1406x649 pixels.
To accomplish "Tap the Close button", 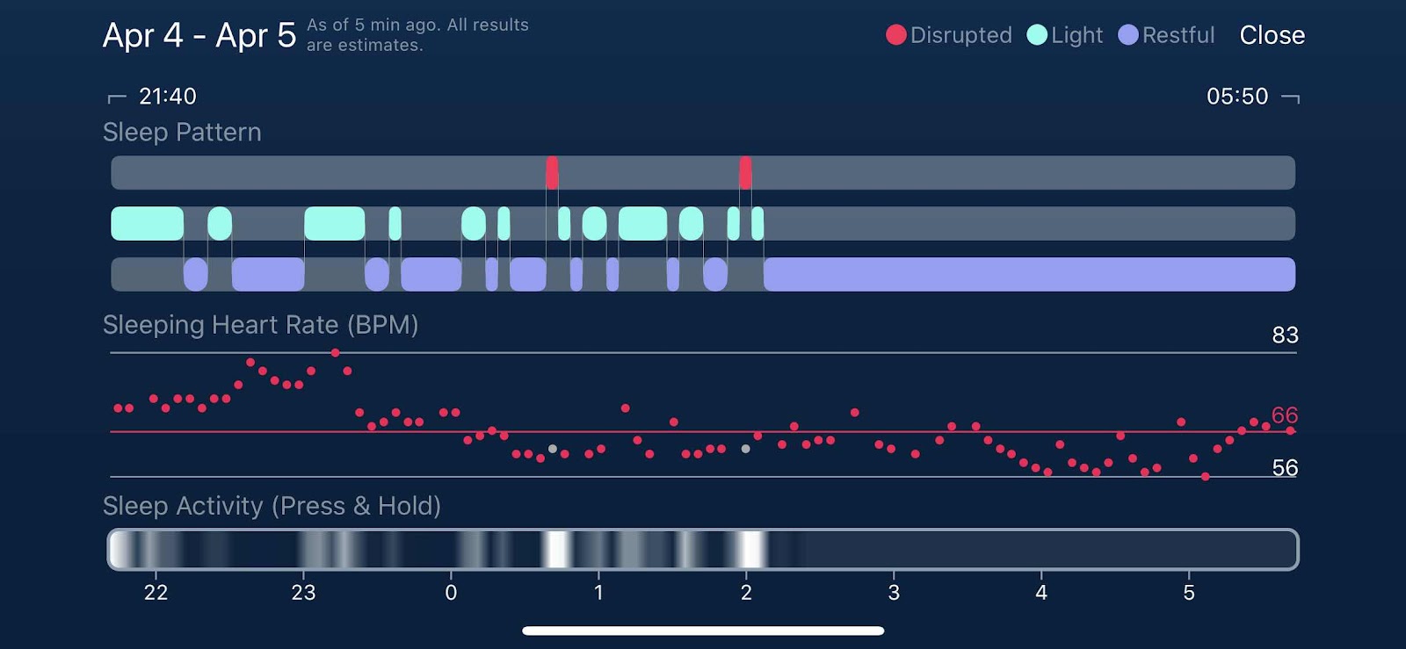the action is tap(1272, 35).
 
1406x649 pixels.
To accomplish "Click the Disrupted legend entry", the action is tap(948, 35).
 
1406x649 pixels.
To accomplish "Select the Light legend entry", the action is tap(1064, 35).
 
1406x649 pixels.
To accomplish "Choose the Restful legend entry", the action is tap(1166, 35).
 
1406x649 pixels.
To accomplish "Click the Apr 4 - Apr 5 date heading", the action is tap(199, 35).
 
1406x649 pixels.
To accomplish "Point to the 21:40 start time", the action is tap(168, 97).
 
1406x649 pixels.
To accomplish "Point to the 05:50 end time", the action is tap(1237, 97).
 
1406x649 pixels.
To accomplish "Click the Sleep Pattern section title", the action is tap(182, 133).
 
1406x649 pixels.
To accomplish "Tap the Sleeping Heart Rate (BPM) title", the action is tap(260, 325).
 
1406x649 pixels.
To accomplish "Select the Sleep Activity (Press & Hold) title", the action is tap(272, 506).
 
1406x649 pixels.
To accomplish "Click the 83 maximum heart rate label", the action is tap(1285, 335).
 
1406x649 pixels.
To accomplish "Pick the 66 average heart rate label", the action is tap(1284, 415).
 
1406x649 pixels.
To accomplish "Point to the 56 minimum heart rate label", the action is tap(1285, 468).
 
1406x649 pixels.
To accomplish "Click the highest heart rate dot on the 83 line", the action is tap(335, 353).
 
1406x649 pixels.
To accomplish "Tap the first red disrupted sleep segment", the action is tap(552, 172).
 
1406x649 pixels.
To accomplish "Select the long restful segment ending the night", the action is tap(1029, 274).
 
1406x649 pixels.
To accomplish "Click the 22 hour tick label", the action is tap(156, 593).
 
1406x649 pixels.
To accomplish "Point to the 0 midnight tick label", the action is tap(451, 593).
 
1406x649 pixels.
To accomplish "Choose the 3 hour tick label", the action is tap(894, 593).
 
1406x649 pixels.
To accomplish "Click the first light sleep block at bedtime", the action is tap(148, 223).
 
